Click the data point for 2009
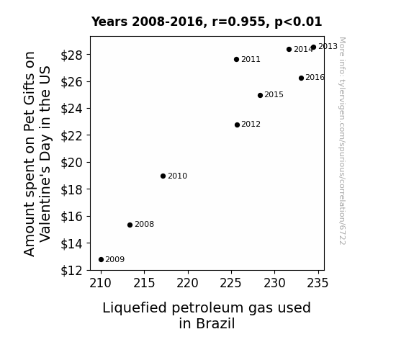(101, 260)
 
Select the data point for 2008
(130, 225)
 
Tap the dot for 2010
(163, 176)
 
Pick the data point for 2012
(237, 125)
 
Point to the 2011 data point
(236, 60)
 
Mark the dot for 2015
(260, 95)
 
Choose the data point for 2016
(301, 78)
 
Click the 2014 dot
(289, 50)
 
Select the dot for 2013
(313, 48)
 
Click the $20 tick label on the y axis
(71, 163)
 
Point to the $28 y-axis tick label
(71, 55)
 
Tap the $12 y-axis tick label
(71, 271)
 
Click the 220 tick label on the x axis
(187, 284)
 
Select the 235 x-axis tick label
(318, 284)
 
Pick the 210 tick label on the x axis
(100, 284)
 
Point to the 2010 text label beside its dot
(177, 176)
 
